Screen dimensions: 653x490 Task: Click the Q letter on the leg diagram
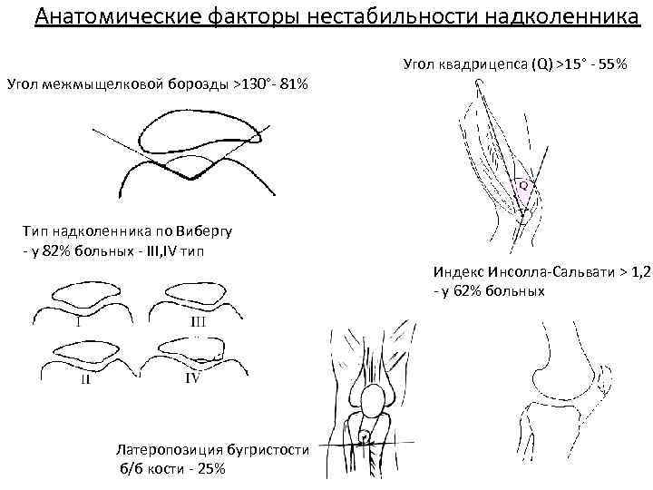point(523,186)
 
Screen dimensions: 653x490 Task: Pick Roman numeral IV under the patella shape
point(192,379)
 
